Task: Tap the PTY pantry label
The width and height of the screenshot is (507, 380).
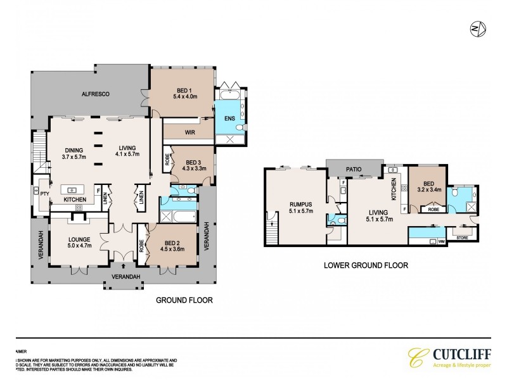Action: tap(44, 195)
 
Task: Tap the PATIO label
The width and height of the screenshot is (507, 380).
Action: tap(354, 170)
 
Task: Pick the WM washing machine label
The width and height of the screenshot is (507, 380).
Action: tap(441, 241)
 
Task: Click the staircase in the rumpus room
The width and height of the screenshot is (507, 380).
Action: tap(273, 229)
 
